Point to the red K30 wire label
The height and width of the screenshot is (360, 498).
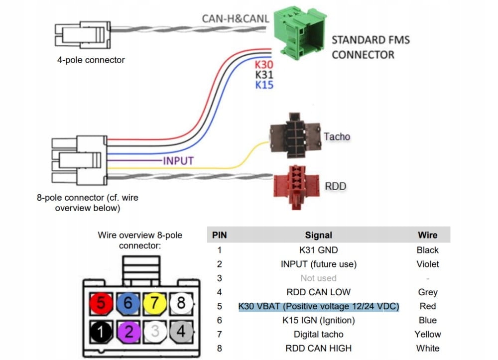pyautogui.click(x=264, y=65)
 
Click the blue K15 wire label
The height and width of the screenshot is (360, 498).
pyautogui.click(x=264, y=85)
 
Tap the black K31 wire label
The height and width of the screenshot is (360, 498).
pyautogui.click(x=264, y=75)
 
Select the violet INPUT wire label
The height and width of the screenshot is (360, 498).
pyautogui.click(x=178, y=161)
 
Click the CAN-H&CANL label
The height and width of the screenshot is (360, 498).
pyautogui.click(x=236, y=19)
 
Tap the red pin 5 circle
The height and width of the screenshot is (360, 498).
pyautogui.click(x=102, y=302)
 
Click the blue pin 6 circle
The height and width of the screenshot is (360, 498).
pyautogui.click(x=128, y=302)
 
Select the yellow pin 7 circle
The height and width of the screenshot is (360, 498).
pyautogui.click(x=155, y=302)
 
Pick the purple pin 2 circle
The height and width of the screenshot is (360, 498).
pyautogui.click(x=128, y=331)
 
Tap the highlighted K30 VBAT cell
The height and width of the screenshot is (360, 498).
pyautogui.click(x=319, y=306)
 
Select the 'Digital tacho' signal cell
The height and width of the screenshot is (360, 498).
pyautogui.click(x=318, y=334)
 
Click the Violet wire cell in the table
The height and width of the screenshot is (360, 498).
pyautogui.click(x=427, y=264)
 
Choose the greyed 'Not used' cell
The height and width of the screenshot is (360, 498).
pyautogui.click(x=318, y=278)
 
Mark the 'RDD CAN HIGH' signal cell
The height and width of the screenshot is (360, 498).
pyautogui.click(x=318, y=348)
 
